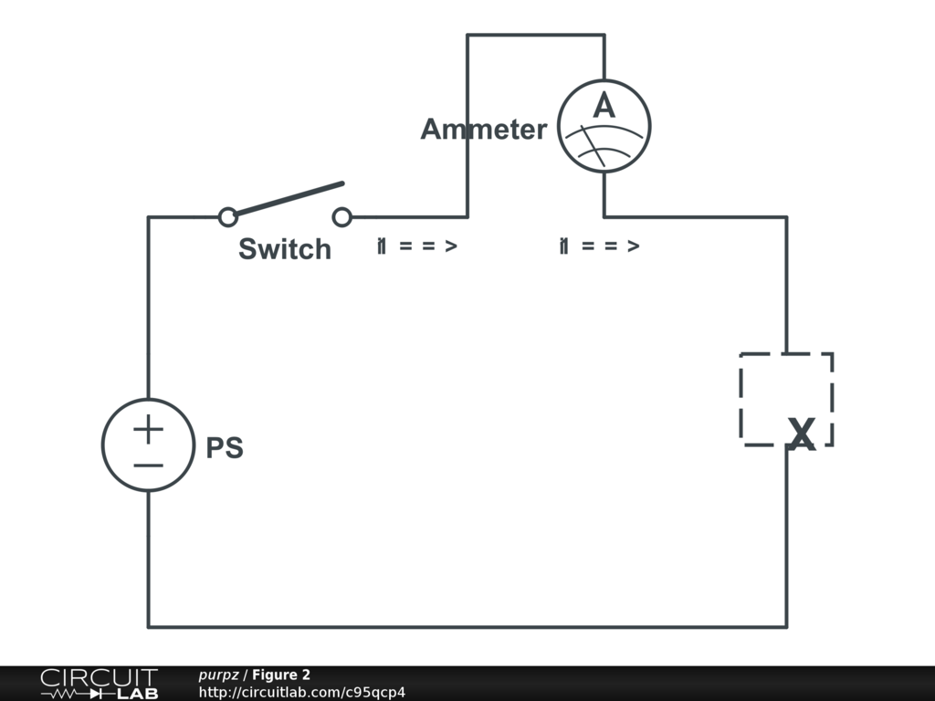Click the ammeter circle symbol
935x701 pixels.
click(604, 126)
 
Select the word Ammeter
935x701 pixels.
click(483, 130)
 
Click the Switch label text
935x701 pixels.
click(284, 249)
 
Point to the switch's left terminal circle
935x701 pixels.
click(228, 217)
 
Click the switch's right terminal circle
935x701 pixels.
click(342, 217)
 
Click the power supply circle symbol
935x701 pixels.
click(148, 445)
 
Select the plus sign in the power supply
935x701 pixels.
click(148, 428)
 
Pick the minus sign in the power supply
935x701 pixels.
click(148, 465)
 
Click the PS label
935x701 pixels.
click(225, 449)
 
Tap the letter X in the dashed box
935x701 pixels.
click(801, 435)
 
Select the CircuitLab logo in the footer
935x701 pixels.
click(100, 684)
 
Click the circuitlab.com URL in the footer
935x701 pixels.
click(301, 692)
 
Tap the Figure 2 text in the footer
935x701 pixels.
click(281, 675)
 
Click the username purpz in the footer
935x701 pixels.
click(218, 675)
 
